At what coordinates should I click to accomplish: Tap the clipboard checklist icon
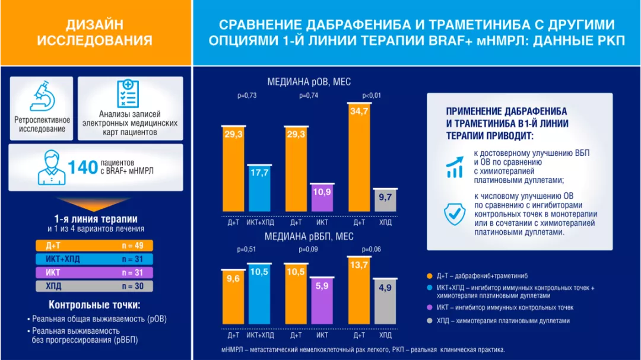(x=128, y=94)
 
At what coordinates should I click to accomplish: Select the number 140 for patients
(x=82, y=167)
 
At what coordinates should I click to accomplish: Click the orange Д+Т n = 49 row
(x=94, y=245)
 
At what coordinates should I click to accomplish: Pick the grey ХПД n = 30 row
(x=94, y=286)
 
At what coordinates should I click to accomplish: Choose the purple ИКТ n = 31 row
(x=94, y=273)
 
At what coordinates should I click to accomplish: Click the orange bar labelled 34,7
(x=359, y=157)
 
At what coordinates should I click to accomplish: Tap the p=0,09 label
(x=309, y=249)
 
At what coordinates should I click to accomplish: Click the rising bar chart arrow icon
(x=455, y=168)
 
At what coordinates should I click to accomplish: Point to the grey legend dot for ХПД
(x=429, y=321)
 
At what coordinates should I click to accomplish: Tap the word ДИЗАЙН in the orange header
(x=95, y=24)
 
